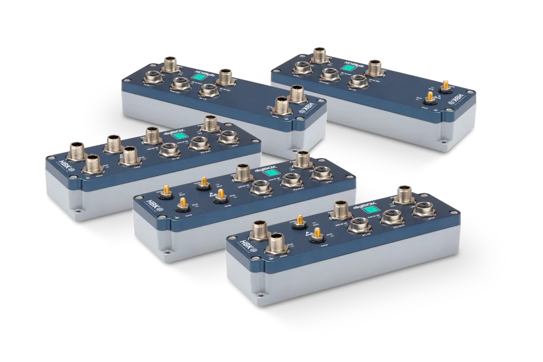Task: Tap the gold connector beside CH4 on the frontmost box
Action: [x=316, y=233]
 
